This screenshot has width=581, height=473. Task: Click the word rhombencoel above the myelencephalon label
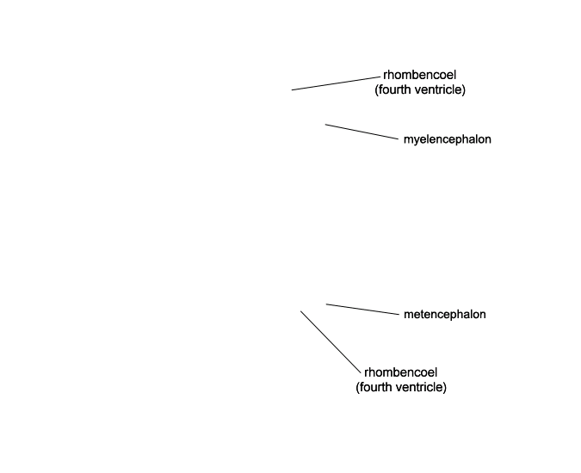tap(419, 75)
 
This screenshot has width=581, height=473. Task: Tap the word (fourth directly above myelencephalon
tap(392, 89)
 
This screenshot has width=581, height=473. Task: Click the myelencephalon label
tap(448, 139)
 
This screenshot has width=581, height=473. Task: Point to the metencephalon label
tap(445, 314)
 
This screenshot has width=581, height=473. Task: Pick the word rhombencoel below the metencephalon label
tap(401, 372)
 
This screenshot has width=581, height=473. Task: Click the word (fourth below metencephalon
tap(374, 387)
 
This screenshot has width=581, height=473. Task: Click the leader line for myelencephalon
tap(362, 132)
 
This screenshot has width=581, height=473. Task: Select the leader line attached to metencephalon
tap(362, 309)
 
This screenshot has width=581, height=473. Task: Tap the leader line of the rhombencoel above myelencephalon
tap(336, 83)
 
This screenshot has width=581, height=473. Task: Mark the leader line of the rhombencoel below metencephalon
tap(331, 342)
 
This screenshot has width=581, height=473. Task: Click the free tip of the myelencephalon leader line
tap(325, 125)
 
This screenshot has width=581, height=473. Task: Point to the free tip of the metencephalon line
tap(326, 304)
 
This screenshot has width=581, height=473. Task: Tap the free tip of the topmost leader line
tap(292, 90)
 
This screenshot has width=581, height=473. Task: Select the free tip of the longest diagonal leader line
tap(300, 311)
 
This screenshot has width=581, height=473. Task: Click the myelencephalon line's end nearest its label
tap(398, 139)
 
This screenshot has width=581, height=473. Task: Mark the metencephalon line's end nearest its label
tap(399, 314)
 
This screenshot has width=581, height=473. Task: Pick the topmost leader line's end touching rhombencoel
tap(380, 77)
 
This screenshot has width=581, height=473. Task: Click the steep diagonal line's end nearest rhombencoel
tap(360, 373)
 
